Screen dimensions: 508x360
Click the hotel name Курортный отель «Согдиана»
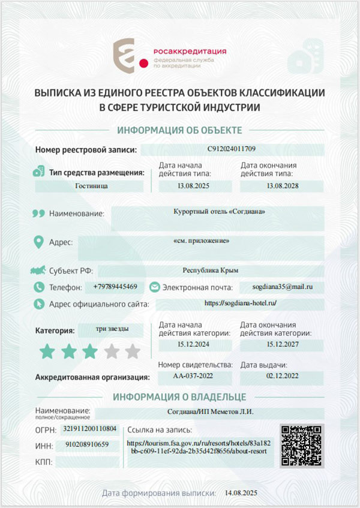coord(218,212)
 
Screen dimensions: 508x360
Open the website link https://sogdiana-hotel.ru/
coord(239,303)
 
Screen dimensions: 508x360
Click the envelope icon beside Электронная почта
coord(154,287)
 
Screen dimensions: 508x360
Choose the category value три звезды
coord(111,329)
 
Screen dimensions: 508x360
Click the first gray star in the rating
coord(112,351)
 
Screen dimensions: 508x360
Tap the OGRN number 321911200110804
coord(90,429)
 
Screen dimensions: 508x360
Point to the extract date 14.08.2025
coord(240,492)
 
